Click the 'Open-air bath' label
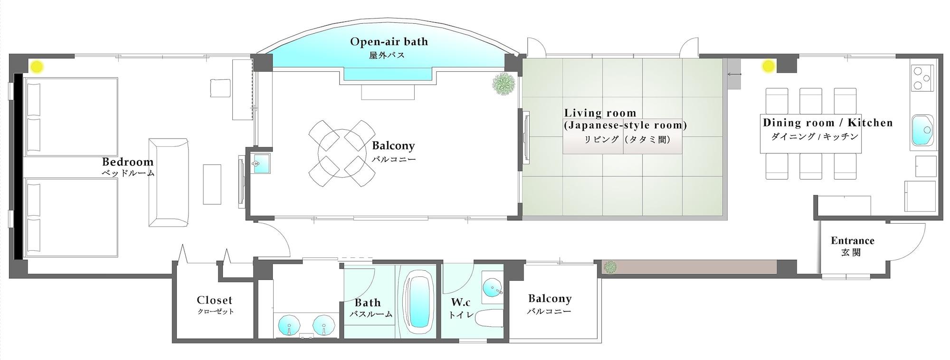tap(389, 42)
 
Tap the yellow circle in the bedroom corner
tap(37, 66)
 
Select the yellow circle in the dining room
tap(768, 66)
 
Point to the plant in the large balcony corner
tap(503, 84)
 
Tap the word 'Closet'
tap(215, 300)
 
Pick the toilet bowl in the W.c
tap(489, 319)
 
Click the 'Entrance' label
tap(853, 241)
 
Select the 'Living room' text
tap(600, 113)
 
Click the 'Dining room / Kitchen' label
tap(827, 123)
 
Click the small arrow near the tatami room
tap(734, 75)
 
